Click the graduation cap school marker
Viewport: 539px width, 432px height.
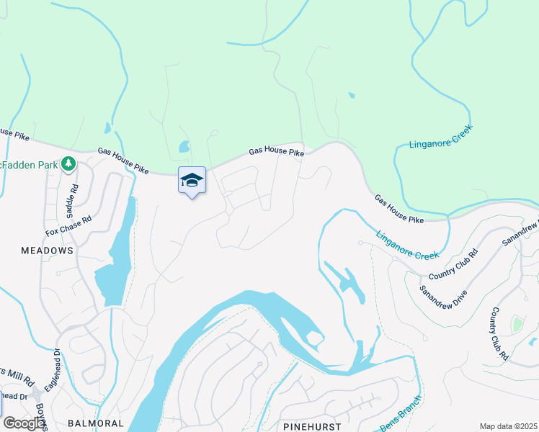(192, 181)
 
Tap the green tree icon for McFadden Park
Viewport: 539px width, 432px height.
(68, 164)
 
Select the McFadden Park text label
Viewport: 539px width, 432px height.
(29, 165)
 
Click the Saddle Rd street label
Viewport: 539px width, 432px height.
(71, 202)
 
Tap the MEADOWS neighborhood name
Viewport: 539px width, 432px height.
(47, 251)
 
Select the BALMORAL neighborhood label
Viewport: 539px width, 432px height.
(96, 423)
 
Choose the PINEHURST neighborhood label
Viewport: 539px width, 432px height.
(311, 426)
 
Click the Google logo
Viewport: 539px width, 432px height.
(24, 423)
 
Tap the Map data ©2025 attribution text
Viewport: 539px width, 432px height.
(507, 426)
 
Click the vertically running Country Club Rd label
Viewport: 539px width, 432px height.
(500, 334)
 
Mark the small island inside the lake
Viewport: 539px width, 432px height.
(313, 338)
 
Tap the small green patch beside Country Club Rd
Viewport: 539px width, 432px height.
(517, 325)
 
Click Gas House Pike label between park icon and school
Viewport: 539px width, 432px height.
(123, 161)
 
